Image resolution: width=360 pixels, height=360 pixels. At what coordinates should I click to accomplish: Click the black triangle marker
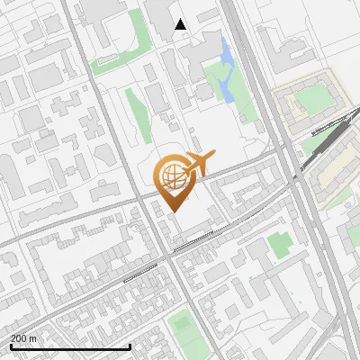click(x=181, y=24)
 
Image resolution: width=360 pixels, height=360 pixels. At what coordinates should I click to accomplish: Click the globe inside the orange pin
click(x=171, y=175)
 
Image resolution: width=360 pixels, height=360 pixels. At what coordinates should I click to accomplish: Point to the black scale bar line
click(x=70, y=346)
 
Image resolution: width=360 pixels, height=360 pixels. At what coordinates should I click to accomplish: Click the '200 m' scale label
click(x=23, y=338)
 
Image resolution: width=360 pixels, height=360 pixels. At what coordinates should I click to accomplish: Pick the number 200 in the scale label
click(x=19, y=338)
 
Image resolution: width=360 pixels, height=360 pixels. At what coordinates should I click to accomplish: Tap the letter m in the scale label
click(x=33, y=338)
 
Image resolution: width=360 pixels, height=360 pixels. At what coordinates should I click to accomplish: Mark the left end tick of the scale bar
click(x=11, y=345)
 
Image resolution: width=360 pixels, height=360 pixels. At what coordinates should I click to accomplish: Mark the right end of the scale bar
click(x=130, y=345)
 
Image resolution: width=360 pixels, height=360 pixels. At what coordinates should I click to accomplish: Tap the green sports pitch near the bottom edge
click(x=183, y=321)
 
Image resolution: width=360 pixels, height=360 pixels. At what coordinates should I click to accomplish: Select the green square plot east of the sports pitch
click(x=280, y=242)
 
